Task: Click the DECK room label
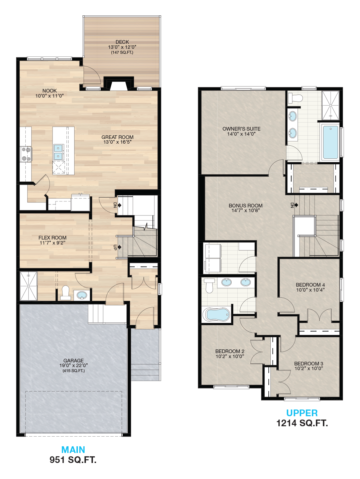(122, 42)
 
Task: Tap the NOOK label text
(49, 91)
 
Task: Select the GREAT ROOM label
(117, 137)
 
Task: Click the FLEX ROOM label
(52, 237)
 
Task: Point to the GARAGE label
(74, 360)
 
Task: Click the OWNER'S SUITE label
(241, 129)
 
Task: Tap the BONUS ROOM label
(246, 205)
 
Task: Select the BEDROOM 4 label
(310, 285)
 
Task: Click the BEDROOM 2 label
(230, 351)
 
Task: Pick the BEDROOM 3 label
(309, 363)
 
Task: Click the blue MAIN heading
(73, 450)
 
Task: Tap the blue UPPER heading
(302, 413)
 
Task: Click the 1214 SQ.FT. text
(302, 423)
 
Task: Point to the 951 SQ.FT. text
(73, 460)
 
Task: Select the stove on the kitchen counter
(26, 154)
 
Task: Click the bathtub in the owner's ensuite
(330, 142)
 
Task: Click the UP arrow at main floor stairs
(119, 247)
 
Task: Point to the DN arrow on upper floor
(296, 205)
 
